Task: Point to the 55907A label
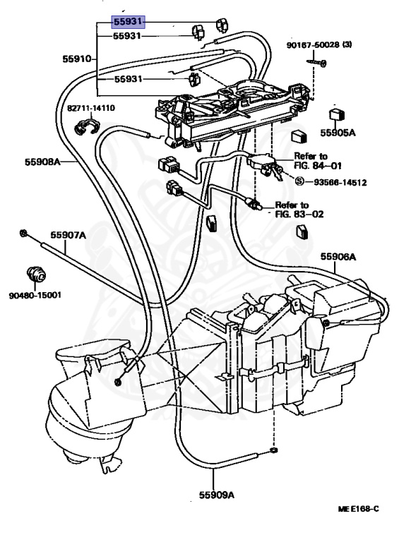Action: point(68,236)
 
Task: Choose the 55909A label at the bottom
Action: point(215,495)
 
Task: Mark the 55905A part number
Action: point(339,132)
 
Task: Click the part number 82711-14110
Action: point(92,108)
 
